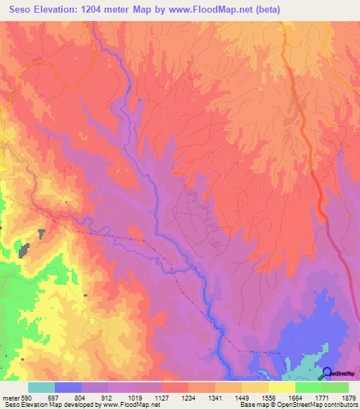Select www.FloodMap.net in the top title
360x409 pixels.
click(233, 10)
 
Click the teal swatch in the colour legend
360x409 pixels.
click(41, 388)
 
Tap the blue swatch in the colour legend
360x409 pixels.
click(68, 388)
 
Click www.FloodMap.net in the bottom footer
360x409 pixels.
click(131, 404)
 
